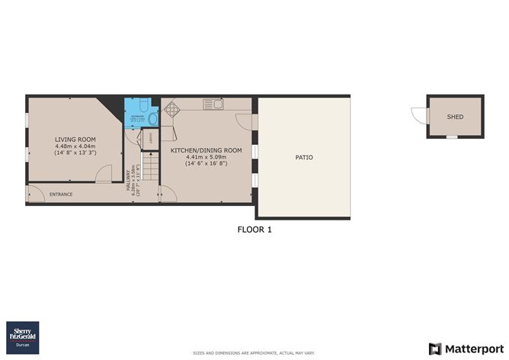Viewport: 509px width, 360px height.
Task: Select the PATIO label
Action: [x=304, y=157]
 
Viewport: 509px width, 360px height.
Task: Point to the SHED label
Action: [x=455, y=116]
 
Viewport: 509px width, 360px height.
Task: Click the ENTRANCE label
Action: [x=61, y=194]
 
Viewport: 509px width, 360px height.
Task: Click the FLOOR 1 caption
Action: [x=254, y=229]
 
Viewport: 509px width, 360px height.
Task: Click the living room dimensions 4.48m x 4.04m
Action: [x=75, y=146]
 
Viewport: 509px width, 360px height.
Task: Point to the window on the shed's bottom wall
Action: [x=453, y=137]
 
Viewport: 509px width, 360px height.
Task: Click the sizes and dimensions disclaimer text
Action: [x=254, y=353]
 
